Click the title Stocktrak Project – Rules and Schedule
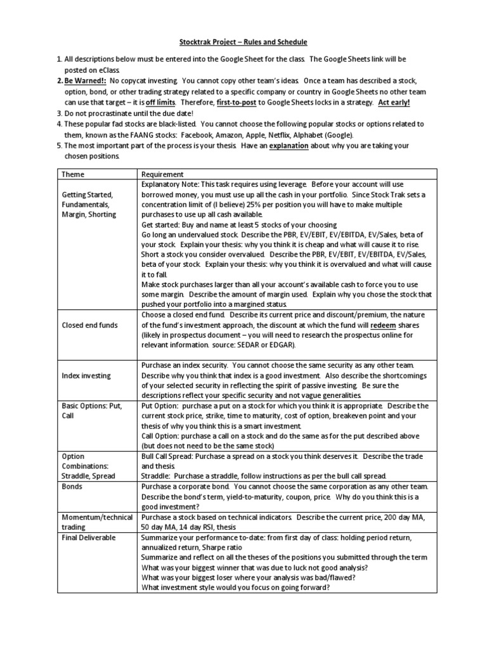tap(243, 42)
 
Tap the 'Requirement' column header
tap(162, 174)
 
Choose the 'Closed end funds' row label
tap(89, 326)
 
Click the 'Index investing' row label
tap(86, 376)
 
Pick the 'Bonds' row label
tap(71, 487)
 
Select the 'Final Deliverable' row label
tap(89, 538)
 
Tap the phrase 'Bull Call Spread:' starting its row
tap(170, 457)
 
